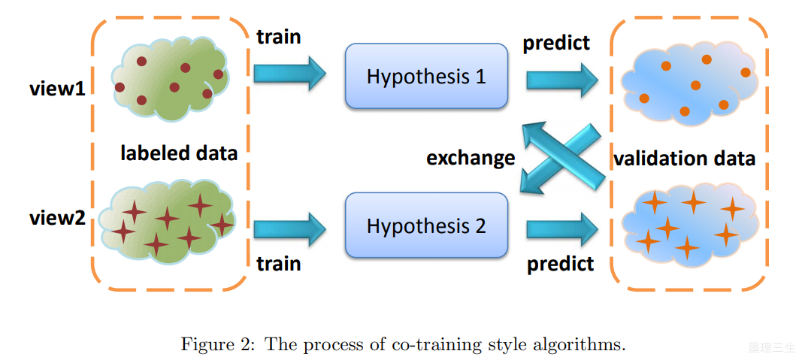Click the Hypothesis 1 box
(425, 76)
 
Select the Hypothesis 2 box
(425, 225)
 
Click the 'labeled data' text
(179, 153)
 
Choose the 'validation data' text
(684, 159)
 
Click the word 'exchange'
(471, 159)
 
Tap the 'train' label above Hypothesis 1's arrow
(278, 36)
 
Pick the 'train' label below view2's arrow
(278, 263)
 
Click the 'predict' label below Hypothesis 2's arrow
(560, 263)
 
